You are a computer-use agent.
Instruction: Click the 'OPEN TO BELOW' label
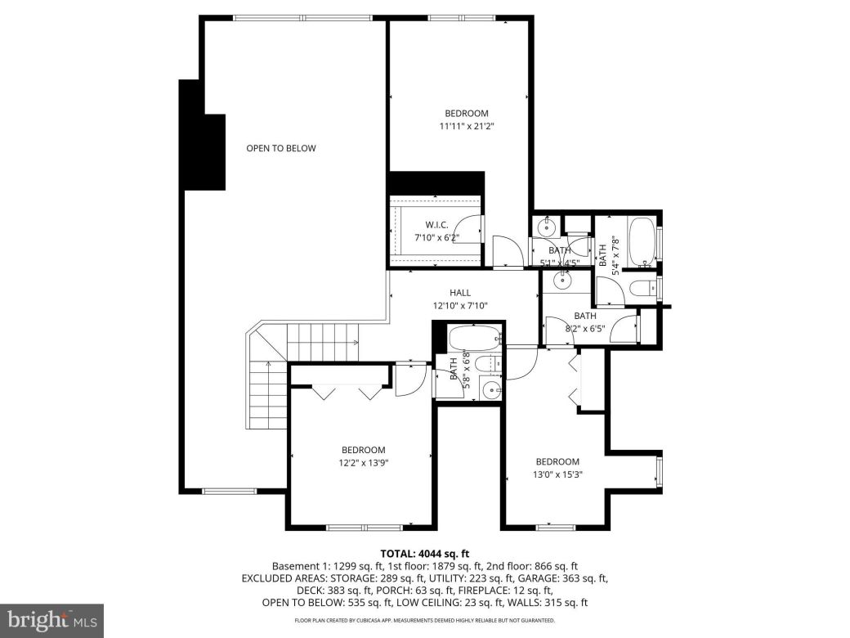[x=280, y=148]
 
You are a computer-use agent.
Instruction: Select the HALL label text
[x=459, y=293]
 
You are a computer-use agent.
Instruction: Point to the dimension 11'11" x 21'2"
[x=467, y=126]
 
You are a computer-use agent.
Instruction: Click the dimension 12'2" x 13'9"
[x=363, y=463]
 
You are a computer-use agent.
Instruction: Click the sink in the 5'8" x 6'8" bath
[x=490, y=389]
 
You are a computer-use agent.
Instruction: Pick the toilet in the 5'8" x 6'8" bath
[x=487, y=364]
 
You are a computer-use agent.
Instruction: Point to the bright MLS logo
[x=51, y=620]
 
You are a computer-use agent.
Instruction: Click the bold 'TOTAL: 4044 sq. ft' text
[x=424, y=553]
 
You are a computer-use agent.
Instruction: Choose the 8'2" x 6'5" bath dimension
[x=584, y=329]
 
